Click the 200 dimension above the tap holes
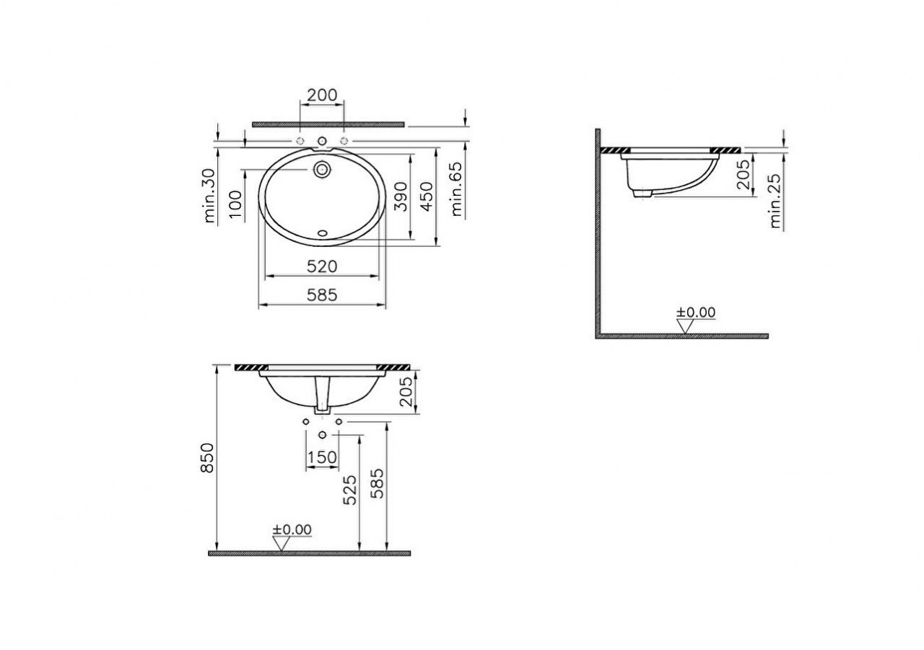click(x=322, y=95)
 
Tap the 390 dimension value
click(x=401, y=196)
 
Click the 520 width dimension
click(x=322, y=266)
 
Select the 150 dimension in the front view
click(x=322, y=457)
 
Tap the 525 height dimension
click(x=350, y=490)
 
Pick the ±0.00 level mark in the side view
click(x=695, y=313)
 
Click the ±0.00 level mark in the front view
click(x=292, y=530)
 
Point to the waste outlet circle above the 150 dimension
click(x=322, y=434)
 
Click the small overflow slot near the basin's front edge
click(x=322, y=234)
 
